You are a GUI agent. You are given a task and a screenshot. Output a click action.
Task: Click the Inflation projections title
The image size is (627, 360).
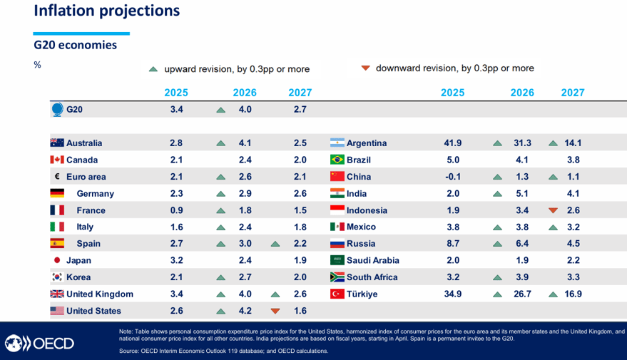(106, 11)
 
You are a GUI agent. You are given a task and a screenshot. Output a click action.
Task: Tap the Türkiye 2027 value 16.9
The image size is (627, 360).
(573, 294)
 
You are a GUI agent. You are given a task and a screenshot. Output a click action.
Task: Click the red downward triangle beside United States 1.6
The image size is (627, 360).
(275, 311)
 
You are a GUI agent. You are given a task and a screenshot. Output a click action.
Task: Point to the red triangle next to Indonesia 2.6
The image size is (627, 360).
(553, 210)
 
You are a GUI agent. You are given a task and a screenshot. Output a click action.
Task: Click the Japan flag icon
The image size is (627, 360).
(57, 260)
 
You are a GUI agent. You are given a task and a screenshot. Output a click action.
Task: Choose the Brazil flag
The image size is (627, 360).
(337, 160)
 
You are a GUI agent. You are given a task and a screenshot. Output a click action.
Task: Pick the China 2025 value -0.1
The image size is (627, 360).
(452, 177)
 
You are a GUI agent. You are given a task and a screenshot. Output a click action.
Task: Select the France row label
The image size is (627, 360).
(91, 210)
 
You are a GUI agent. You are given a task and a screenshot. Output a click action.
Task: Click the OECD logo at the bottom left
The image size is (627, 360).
(40, 343)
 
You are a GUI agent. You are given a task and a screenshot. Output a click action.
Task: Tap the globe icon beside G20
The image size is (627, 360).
(58, 110)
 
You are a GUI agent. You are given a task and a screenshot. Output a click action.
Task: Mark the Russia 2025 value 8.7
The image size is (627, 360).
(452, 244)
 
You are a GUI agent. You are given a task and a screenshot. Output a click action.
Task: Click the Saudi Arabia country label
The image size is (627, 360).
(373, 261)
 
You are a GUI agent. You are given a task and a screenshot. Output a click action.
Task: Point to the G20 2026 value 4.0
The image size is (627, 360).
(245, 110)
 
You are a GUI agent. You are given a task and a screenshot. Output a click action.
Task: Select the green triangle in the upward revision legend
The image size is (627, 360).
(153, 69)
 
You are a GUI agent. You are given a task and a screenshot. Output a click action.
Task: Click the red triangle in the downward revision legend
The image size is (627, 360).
(365, 68)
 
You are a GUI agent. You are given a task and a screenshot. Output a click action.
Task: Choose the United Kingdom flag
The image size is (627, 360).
(57, 294)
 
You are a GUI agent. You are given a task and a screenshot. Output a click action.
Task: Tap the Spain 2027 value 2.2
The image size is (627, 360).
(300, 244)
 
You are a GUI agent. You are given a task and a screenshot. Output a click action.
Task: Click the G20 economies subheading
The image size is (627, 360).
(76, 45)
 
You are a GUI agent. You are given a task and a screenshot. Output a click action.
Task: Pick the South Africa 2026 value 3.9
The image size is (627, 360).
(522, 277)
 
